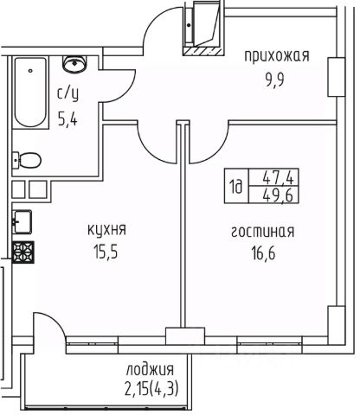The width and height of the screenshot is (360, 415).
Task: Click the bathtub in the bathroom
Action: (x=30, y=93)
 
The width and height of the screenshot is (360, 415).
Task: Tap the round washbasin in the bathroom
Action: (x=74, y=63)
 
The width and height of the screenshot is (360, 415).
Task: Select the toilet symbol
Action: (x=27, y=160)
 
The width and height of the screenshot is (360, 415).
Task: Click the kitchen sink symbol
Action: (x=22, y=221)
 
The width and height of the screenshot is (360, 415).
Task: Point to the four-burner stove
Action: (x=23, y=252)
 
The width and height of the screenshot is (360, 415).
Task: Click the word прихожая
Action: (x=277, y=56)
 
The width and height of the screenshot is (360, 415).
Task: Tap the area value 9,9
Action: (x=275, y=81)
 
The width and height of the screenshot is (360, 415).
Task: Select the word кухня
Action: (x=107, y=230)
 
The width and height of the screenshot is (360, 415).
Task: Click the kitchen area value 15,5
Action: (x=106, y=252)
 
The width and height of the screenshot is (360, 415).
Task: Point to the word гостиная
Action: (x=263, y=232)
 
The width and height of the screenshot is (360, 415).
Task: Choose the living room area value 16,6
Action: (x=263, y=254)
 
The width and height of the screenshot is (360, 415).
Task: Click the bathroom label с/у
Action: (x=67, y=94)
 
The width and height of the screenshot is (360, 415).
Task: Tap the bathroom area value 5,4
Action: (x=67, y=119)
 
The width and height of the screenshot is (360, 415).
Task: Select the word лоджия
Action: (x=150, y=370)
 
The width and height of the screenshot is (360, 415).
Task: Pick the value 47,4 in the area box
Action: (x=278, y=178)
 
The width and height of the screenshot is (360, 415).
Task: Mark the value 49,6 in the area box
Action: (x=278, y=195)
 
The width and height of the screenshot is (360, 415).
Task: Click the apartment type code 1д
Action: (x=236, y=188)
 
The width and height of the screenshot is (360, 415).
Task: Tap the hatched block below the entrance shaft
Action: (x=203, y=51)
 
